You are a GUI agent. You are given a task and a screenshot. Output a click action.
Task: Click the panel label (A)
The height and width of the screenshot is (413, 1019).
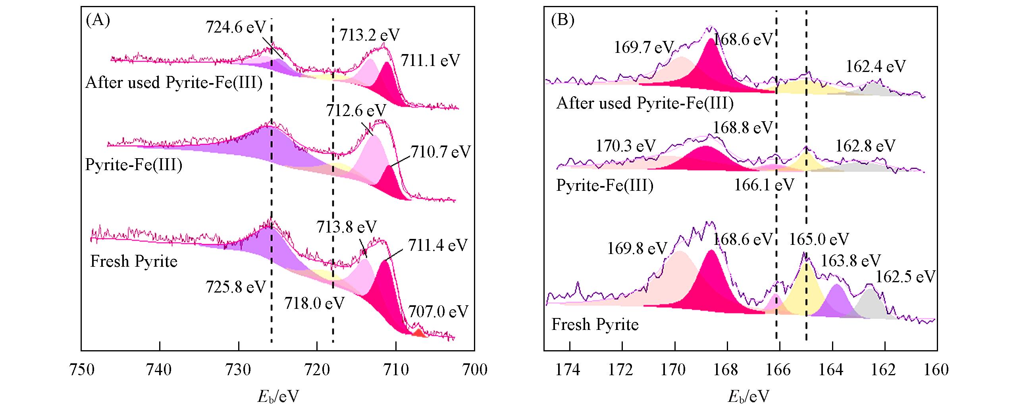pos(98,20)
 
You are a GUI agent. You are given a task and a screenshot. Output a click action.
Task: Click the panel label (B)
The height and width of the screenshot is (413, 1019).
pos(562,20)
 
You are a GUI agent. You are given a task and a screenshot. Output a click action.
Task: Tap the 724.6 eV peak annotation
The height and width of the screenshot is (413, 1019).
pos(235,28)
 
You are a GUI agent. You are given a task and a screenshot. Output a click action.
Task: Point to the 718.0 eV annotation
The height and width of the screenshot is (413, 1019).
pos(314,304)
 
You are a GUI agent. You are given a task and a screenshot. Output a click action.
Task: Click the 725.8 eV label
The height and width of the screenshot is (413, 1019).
pos(235,287)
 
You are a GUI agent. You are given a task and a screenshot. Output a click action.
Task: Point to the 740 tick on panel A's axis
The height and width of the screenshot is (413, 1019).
pos(160,370)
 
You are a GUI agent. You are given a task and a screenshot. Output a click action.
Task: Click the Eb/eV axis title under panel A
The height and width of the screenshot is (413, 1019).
pos(278,396)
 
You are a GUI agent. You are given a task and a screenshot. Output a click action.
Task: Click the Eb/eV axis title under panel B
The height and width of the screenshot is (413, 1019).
pos(748,396)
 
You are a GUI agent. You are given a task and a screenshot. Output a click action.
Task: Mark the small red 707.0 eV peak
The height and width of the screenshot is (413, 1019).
pos(418,333)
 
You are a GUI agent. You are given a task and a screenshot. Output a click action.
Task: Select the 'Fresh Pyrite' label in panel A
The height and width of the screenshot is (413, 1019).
pos(134,262)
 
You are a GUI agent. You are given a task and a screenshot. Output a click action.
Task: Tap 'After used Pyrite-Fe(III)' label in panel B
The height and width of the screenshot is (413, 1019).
pos(645,103)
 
